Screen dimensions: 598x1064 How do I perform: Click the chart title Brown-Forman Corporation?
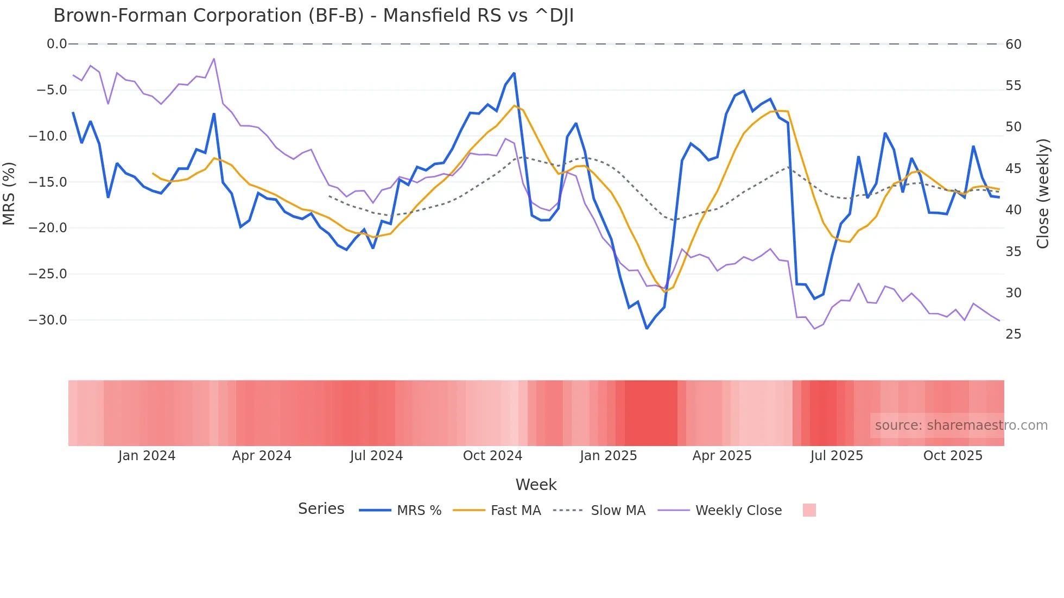pyautogui.click(x=313, y=16)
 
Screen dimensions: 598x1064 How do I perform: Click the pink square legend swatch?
pyautogui.click(x=809, y=510)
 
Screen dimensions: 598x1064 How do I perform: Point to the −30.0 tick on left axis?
pyautogui.click(x=48, y=320)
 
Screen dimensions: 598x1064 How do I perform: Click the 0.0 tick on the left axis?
pyautogui.click(x=56, y=44)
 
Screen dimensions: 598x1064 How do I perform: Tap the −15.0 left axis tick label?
pyautogui.click(x=48, y=182)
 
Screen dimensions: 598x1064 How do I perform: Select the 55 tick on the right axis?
pyautogui.click(x=1014, y=86)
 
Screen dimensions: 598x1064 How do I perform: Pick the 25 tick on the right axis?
pyautogui.click(x=1014, y=334)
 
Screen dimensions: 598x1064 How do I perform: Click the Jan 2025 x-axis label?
pyautogui.click(x=608, y=456)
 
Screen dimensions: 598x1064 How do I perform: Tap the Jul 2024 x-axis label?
pyautogui.click(x=376, y=456)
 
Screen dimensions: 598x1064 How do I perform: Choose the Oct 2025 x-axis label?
pyautogui.click(x=953, y=456)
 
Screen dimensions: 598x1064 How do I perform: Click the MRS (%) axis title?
pyautogui.click(x=9, y=193)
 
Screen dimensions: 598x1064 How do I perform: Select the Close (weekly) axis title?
pyautogui.click(x=1042, y=193)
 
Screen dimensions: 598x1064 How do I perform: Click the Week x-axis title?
pyautogui.click(x=536, y=485)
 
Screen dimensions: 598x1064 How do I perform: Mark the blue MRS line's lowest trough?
pyautogui.click(x=647, y=328)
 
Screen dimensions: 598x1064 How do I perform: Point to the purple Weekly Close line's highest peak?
pyautogui.click(x=214, y=59)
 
